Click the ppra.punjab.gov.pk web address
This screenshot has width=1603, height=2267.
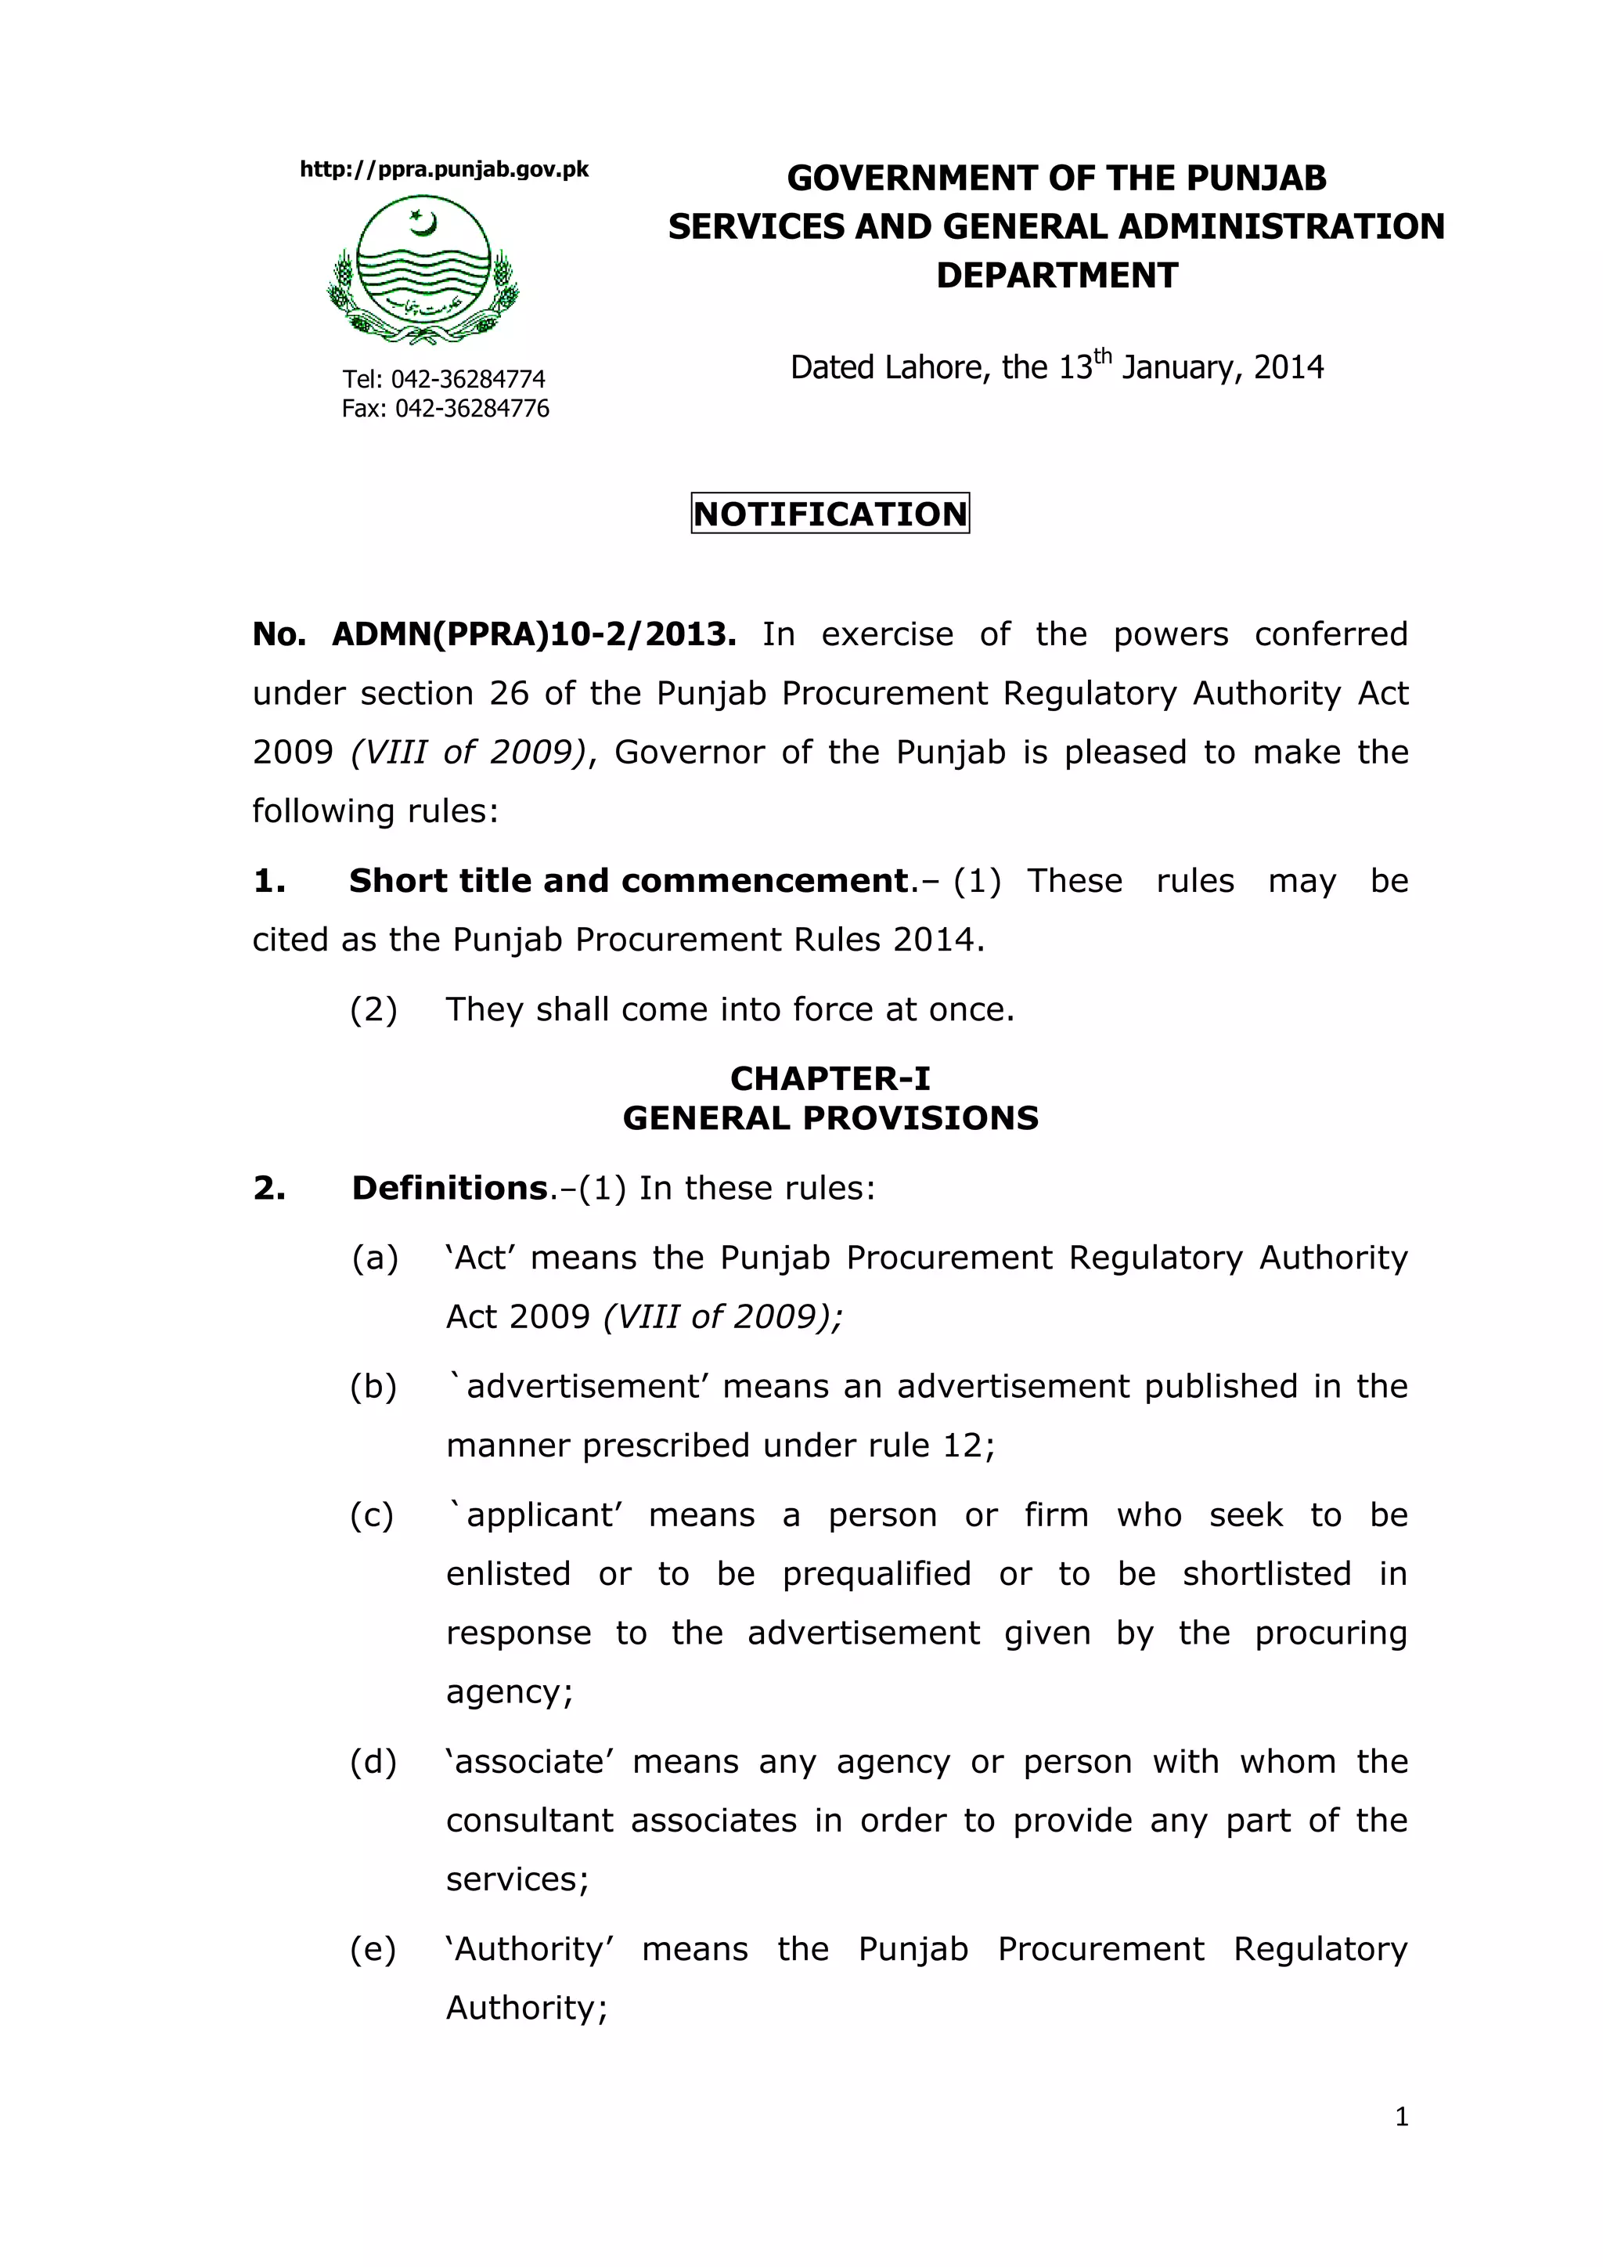(443, 170)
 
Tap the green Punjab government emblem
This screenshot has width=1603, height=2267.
(423, 269)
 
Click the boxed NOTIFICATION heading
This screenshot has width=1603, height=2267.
(830, 514)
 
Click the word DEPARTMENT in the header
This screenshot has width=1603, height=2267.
(1056, 276)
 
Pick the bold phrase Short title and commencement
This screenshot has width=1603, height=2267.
(628, 881)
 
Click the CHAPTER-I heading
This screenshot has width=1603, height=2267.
(830, 1078)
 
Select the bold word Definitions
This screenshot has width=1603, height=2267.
(450, 1188)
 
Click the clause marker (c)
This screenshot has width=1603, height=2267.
(372, 1515)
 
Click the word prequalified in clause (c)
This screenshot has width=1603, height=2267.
(877, 1574)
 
